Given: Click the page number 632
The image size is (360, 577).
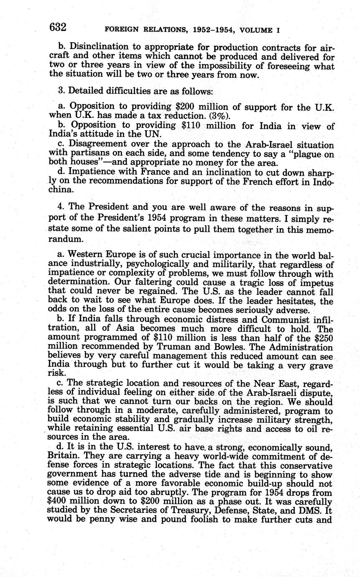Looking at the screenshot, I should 58,28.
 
